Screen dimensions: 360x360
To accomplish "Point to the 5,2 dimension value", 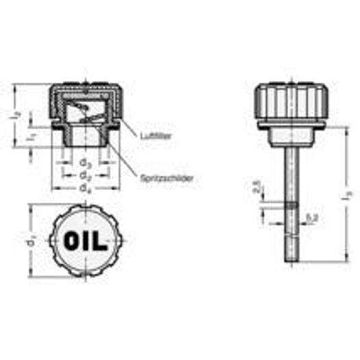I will (313, 217).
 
